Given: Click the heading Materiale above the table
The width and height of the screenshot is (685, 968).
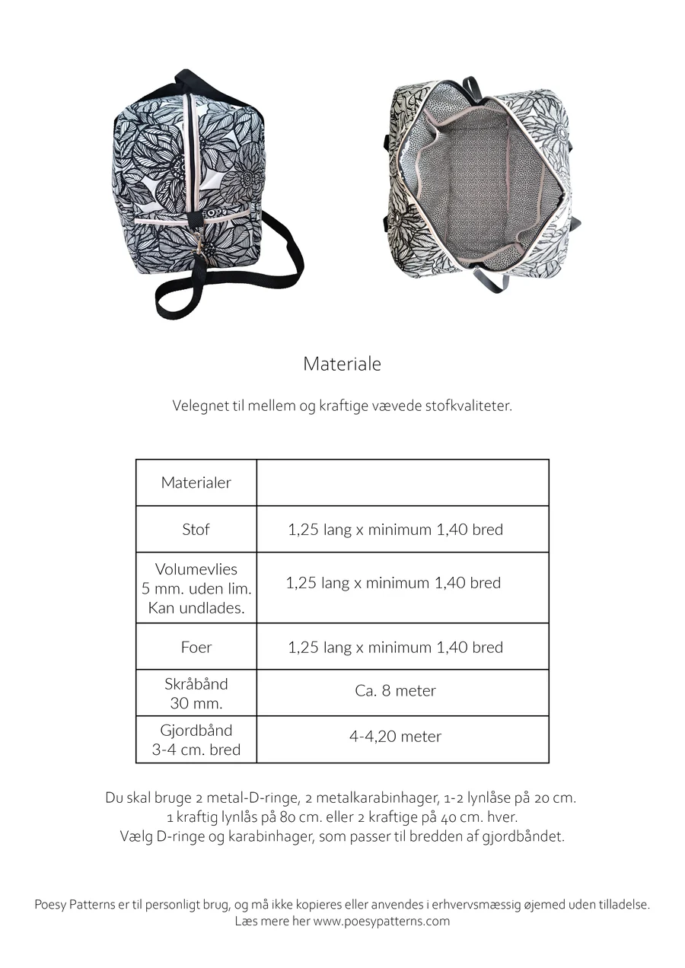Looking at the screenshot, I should tap(342, 364).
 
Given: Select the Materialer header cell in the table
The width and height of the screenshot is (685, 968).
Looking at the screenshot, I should tap(196, 482).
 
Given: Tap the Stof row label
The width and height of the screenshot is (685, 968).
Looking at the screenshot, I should tap(196, 529).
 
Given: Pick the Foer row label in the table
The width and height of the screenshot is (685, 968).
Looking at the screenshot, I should tap(196, 647).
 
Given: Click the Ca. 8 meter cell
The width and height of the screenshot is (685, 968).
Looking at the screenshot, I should tap(395, 691).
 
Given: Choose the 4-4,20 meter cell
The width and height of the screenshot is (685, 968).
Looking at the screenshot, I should tap(395, 737).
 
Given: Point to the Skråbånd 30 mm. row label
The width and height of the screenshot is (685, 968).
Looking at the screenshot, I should tap(196, 693).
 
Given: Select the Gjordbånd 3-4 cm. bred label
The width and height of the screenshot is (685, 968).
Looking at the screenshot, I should tap(196, 740).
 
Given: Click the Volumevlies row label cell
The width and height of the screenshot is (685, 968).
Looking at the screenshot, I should tap(196, 588).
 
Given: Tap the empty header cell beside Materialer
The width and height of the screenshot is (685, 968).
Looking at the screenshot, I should tap(403, 482).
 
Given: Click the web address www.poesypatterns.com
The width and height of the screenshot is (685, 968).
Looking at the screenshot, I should tap(381, 921).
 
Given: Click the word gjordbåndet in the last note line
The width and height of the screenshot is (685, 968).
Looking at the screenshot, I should tap(527, 837).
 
